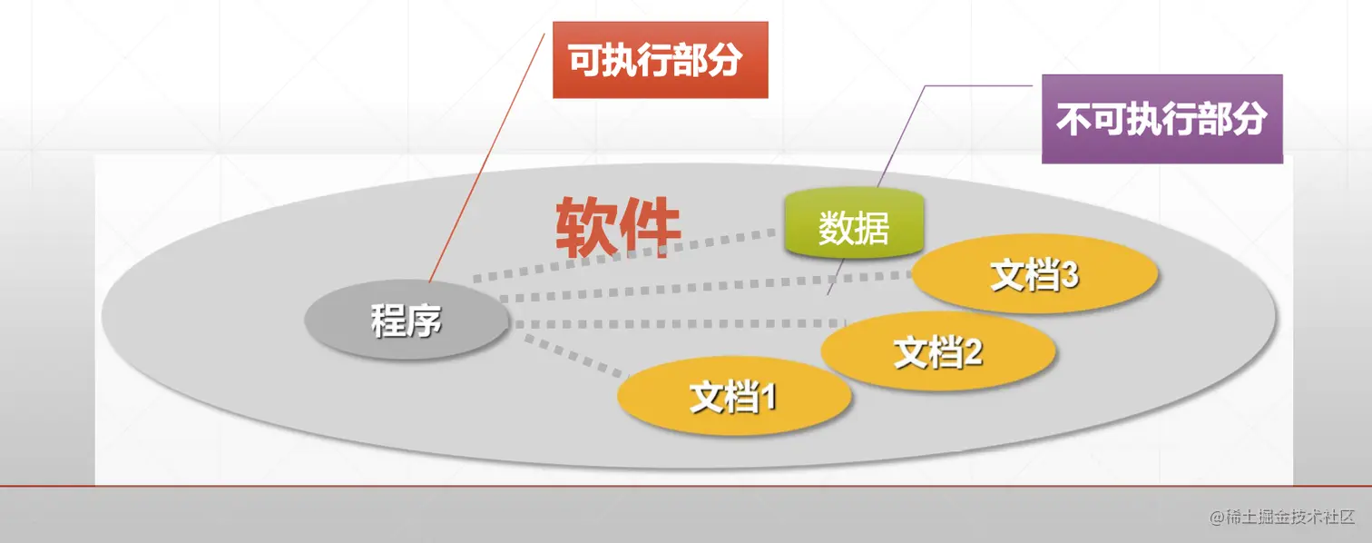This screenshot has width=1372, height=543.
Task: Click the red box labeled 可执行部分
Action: pyautogui.click(x=661, y=60)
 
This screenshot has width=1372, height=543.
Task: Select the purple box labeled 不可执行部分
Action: pyautogui.click(x=1161, y=119)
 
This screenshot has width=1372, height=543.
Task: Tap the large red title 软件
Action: pyautogui.click(x=618, y=227)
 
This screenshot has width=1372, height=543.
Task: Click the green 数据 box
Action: pyautogui.click(x=854, y=223)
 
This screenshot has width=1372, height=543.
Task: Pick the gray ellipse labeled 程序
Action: pyautogui.click(x=407, y=320)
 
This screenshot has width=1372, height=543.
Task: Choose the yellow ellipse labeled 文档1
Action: pyautogui.click(x=734, y=396)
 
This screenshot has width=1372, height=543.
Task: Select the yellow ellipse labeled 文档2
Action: pyautogui.click(x=938, y=351)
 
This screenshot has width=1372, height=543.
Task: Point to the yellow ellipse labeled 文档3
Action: pyautogui.click(x=1034, y=274)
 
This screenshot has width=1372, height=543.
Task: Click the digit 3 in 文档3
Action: pyautogui.click(x=1070, y=275)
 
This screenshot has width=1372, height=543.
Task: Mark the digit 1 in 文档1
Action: pyautogui.click(x=768, y=397)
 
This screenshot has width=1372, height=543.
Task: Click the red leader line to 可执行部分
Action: pyautogui.click(x=487, y=157)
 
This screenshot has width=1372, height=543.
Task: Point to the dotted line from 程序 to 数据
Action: pyautogui.click(x=624, y=255)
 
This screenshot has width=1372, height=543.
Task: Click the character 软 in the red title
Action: pyautogui.click(x=586, y=227)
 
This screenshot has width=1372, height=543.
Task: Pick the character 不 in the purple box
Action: pyautogui.click(x=1073, y=119)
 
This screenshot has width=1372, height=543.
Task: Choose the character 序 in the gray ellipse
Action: pyautogui.click(x=425, y=321)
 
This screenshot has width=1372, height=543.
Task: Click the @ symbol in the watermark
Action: pyautogui.click(x=1217, y=518)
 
